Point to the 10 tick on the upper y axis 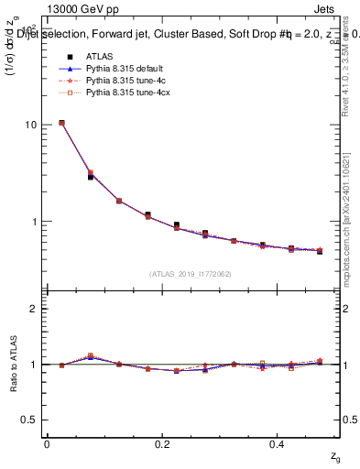30,125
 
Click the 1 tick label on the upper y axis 33,222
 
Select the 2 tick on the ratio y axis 33,309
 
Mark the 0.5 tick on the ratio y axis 28,420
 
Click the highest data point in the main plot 61,123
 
